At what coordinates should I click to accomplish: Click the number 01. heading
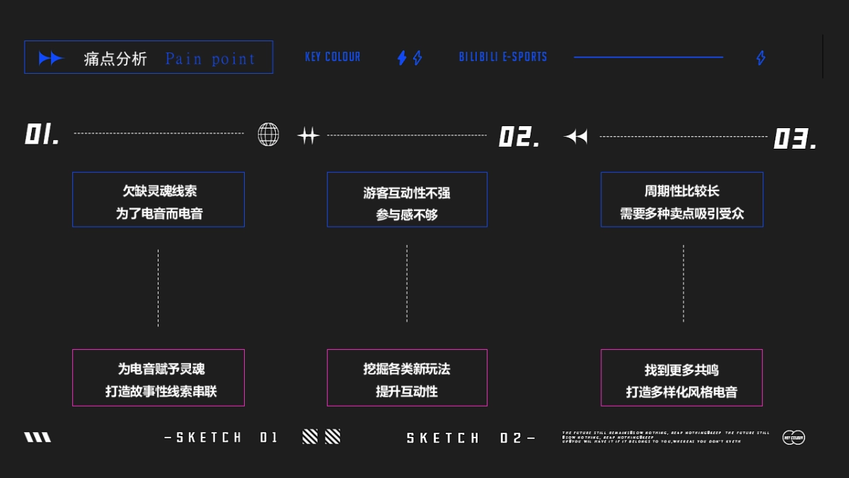coord(42,134)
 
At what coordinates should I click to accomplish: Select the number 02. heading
coord(519,137)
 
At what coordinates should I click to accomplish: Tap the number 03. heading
coord(795,138)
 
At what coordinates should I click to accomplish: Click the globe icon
coord(268,134)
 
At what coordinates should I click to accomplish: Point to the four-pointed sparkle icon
coord(308,135)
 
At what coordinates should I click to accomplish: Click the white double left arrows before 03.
coord(576,137)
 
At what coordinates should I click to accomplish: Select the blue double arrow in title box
coord(51,59)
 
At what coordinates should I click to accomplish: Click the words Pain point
coord(210,59)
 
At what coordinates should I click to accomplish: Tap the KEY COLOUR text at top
coord(333,57)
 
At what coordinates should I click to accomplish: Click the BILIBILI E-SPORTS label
coord(503,57)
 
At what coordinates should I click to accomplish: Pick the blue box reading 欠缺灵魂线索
coord(158,200)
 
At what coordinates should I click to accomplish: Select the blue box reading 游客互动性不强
coord(407,200)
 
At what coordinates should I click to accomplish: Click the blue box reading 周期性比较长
coord(682,200)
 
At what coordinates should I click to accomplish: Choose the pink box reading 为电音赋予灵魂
coord(158,377)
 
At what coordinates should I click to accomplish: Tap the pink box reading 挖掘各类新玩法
coord(407,377)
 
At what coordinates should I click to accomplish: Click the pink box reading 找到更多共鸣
coord(682,377)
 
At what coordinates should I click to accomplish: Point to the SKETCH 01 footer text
coord(221,438)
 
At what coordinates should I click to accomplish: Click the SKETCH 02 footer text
coord(470,438)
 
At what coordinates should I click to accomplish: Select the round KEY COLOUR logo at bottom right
coord(793,438)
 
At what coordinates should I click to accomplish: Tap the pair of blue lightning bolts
coord(410,58)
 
